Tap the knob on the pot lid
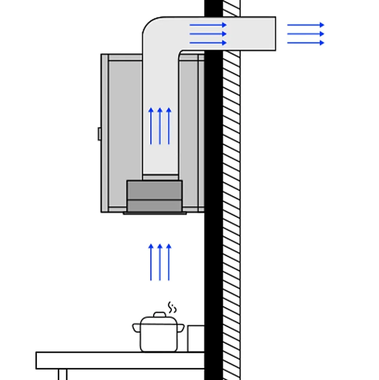pos(159,314)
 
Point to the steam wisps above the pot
pos(172,307)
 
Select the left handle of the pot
pos(136,327)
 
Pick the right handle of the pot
pos(181,328)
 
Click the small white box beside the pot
pos(196,339)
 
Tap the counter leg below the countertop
pos(63,374)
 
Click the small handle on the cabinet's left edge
pos(100,133)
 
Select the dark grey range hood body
pos(154,196)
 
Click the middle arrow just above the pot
pos(160,262)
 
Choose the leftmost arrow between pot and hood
pos(151,262)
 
